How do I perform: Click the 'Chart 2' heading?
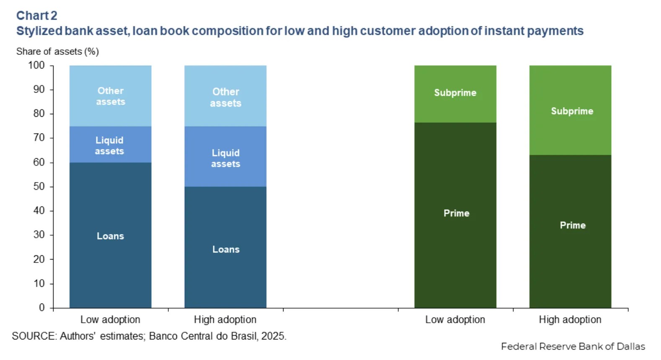[x=36, y=15]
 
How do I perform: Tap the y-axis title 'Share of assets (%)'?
[x=57, y=51]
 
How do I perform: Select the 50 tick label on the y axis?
[x=39, y=187]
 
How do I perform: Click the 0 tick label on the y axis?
[x=42, y=308]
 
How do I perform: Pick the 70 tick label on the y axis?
[x=39, y=138]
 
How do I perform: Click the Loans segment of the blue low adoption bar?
[x=110, y=235]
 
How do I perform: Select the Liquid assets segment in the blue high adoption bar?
[x=225, y=157]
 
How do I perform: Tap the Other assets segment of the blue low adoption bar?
[x=110, y=96]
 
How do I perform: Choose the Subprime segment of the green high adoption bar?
[x=571, y=110]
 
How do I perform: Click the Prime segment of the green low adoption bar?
[x=455, y=215]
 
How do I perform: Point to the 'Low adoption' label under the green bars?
[x=455, y=320]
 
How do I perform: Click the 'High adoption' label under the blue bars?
[x=225, y=320]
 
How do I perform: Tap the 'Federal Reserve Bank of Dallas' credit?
[x=573, y=347]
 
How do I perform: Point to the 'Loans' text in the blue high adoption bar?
[x=226, y=249]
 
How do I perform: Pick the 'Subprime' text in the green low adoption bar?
[x=455, y=93]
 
